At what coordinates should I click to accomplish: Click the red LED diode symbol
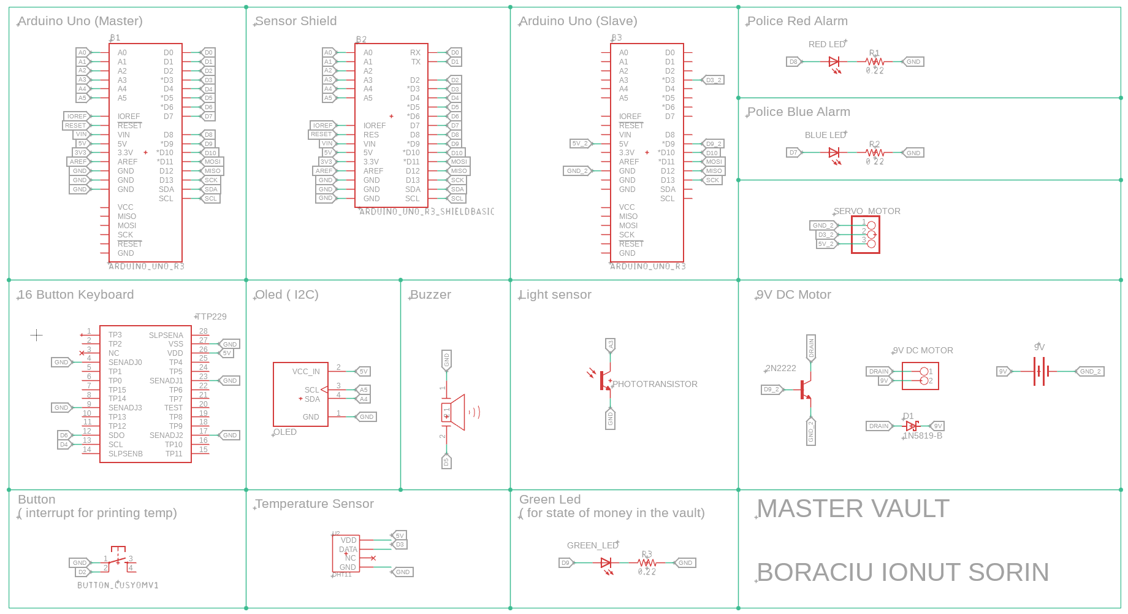click(x=834, y=62)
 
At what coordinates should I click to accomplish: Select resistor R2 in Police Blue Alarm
click(x=875, y=153)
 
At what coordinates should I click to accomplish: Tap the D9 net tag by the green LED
click(x=565, y=562)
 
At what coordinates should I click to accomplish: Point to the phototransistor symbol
click(x=605, y=381)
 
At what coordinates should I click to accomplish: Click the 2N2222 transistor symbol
click(x=805, y=390)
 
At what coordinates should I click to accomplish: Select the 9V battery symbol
click(x=1040, y=372)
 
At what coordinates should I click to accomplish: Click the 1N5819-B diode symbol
click(x=912, y=426)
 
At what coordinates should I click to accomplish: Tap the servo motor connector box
click(x=866, y=234)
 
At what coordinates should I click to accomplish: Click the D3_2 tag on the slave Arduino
click(x=713, y=80)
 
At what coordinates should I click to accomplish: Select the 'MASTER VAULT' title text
click(x=853, y=508)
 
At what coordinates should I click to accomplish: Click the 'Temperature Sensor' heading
click(x=314, y=504)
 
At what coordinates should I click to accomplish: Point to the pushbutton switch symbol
click(x=118, y=559)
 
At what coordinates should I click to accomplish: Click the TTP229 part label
click(x=211, y=317)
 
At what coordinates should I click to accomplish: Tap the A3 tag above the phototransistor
click(x=610, y=345)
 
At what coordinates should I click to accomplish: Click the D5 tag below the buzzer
click(x=446, y=461)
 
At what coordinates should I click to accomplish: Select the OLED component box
click(x=300, y=394)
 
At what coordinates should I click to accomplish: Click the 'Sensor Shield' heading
click(x=295, y=21)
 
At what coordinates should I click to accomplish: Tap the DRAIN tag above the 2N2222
click(x=811, y=347)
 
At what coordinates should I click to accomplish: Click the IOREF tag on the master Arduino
click(x=77, y=116)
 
